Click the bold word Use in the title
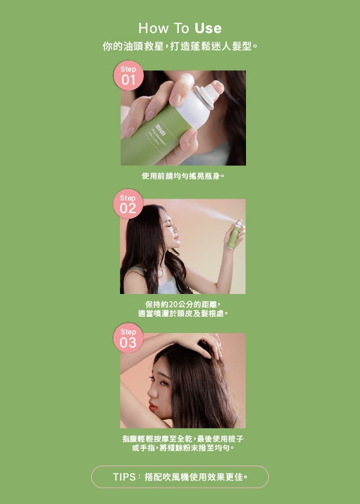pos(208,28)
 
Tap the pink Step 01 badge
pos(128,76)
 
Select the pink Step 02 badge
pos(128,204)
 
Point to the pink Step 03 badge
pos(128,338)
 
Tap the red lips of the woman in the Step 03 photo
pos(152,407)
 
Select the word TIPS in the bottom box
pos(124,477)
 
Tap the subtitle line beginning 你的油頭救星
pos(180,46)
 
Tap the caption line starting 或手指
pos(183,448)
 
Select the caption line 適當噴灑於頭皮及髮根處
pos(183,313)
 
